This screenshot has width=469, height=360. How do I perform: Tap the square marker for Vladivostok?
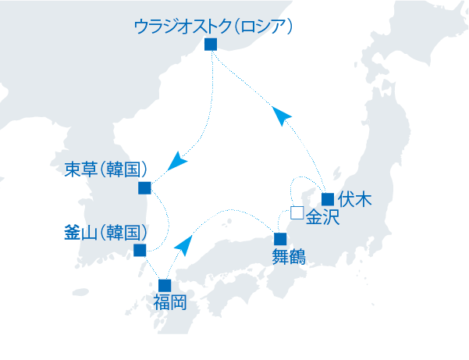(x=209, y=45)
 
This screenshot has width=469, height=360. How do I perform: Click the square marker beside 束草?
(x=144, y=187)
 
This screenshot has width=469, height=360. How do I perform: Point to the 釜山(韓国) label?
(x=106, y=233)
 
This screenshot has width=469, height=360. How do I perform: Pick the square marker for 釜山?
(x=140, y=251)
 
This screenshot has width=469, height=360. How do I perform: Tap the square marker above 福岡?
(x=164, y=285)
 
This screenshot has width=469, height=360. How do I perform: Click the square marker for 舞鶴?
(x=280, y=238)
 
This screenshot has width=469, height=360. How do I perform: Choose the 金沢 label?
(x=323, y=218)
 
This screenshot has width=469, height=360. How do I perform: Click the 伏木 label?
(x=354, y=199)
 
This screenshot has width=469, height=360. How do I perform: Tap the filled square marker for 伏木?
(x=328, y=198)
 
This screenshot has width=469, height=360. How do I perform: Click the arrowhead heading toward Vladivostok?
(x=282, y=117)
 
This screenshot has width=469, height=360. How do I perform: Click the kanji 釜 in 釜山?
(x=73, y=233)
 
